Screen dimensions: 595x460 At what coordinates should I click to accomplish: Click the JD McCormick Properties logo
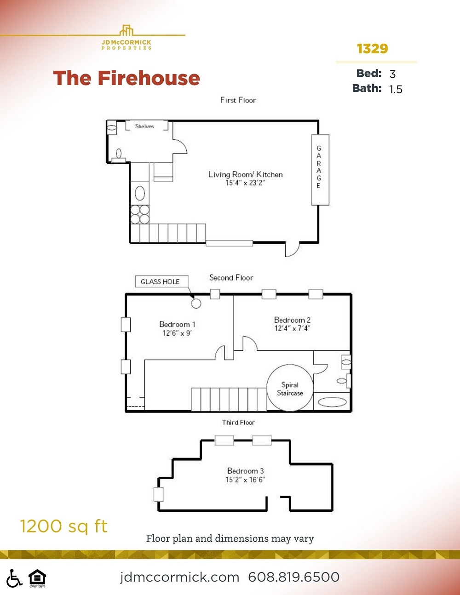pos(126,38)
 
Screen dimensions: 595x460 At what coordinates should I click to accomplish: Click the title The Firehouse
pos(126,79)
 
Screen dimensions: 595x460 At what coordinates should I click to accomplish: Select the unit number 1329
pos(372,49)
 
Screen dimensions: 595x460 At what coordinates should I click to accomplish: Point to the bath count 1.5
pos(396,89)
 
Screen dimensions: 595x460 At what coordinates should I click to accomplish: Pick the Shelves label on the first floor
pos(144,126)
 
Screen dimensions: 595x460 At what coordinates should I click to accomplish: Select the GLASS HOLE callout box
pos(160,282)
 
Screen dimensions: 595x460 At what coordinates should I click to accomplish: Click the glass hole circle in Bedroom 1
pos(196,303)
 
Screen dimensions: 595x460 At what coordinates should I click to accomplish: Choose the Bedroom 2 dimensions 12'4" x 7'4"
pos(292,328)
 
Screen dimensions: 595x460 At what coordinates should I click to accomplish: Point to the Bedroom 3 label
pos(245,471)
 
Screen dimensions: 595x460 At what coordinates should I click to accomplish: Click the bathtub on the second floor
pos(333,402)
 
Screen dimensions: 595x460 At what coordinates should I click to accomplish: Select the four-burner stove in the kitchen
pos(140,214)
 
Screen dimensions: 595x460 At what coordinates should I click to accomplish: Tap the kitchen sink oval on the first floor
pos(140,193)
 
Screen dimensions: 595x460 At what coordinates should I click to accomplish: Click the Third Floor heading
pos(238,423)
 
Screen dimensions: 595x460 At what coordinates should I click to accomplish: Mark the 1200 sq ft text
pos(63,526)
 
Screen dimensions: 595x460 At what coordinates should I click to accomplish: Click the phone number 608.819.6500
pos(293,577)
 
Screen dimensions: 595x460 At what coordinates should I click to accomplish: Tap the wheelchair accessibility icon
pos(14,578)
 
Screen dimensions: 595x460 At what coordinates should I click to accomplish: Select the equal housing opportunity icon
pos(37,578)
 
